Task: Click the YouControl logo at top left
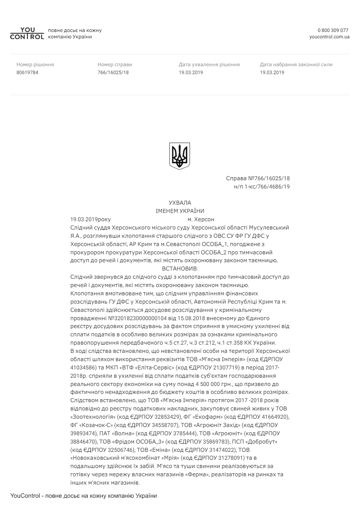pyautogui.click(x=27, y=33)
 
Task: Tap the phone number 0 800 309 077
pyautogui.click(x=333, y=30)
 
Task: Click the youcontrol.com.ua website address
pyautogui.click(x=329, y=37)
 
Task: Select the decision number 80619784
pyautogui.click(x=27, y=73)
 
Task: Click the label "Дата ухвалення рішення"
pyautogui.click(x=209, y=65)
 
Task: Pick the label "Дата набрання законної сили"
pyautogui.click(x=296, y=65)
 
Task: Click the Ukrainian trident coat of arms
pyautogui.click(x=179, y=156)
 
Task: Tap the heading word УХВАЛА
pyautogui.click(x=180, y=203)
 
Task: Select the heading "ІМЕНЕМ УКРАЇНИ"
pyautogui.click(x=180, y=211)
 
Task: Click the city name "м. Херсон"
pyautogui.click(x=201, y=219)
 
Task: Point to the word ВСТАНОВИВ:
pyautogui.click(x=180, y=269)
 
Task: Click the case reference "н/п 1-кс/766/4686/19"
pyautogui.click(x=262, y=187)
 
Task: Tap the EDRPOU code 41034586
pyautogui.click(x=82, y=368)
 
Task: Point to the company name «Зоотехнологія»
pyautogui.click(x=93, y=417)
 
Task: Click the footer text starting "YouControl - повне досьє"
pyautogui.click(x=84, y=496)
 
